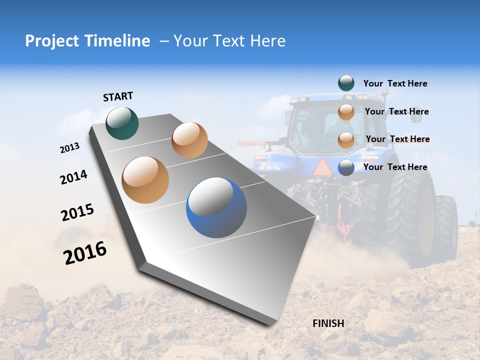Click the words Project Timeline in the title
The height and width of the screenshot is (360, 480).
pos(87,41)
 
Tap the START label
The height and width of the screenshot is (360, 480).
pos(118,96)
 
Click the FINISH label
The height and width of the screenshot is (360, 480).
pos(328,323)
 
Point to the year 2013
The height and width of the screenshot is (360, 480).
pos(69,148)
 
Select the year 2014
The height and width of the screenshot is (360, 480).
pos(73,177)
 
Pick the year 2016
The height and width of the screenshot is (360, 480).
pos(85,253)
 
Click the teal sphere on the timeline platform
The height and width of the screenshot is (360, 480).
pos(122,123)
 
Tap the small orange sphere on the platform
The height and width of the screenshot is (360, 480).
pos(189,140)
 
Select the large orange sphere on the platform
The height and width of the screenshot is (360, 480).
pos(145,180)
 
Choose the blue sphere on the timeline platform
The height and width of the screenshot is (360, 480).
pos(216,207)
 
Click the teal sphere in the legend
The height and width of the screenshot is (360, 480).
pos(346,83)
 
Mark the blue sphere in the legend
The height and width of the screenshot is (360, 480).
pos(346,167)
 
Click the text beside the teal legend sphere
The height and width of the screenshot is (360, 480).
pos(395,83)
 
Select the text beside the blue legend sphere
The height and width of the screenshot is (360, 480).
pos(395,167)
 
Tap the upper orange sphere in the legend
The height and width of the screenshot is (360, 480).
pos(346,112)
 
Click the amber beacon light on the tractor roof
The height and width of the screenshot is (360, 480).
pos(384,91)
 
